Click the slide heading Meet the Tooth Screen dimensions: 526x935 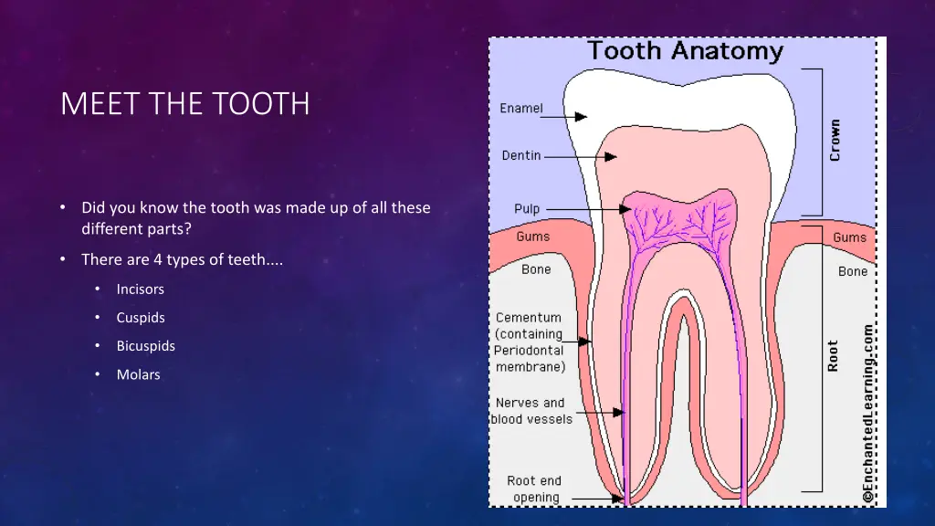pos(184,104)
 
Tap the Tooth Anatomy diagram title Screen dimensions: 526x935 pos(685,51)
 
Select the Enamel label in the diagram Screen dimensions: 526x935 pos(521,109)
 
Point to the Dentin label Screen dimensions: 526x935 pos(521,155)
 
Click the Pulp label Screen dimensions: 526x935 pos(527,209)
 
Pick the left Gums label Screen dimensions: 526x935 pos(533,237)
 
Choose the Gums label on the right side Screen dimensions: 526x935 pos(849,237)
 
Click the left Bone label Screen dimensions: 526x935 pos(536,269)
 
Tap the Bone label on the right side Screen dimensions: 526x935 pos(853,271)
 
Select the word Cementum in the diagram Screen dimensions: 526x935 pos(529,318)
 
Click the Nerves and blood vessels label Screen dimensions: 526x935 pos(531,411)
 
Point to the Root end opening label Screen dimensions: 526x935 pos(535,489)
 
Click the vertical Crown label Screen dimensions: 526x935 pos(835,141)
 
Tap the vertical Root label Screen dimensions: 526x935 pos(833,355)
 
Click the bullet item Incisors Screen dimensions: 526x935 pos(140,289)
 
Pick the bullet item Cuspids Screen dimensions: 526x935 pos(141,318)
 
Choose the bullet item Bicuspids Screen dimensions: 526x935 pos(145,346)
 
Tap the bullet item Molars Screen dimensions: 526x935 pos(138,374)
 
